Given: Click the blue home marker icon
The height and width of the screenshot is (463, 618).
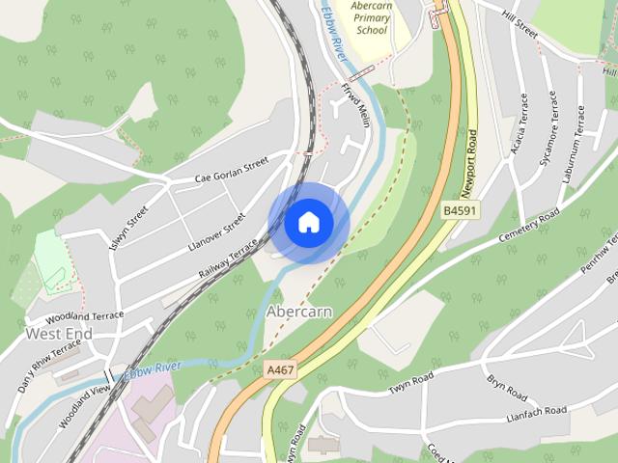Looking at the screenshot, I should coord(309,223).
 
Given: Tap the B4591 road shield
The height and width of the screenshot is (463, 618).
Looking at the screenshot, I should coord(461,210).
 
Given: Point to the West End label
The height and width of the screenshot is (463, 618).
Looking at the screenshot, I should coord(59,334).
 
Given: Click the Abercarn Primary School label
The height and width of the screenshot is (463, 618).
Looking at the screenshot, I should coord(371,18).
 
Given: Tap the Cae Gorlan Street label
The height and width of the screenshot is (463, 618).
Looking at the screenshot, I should coord(230,172).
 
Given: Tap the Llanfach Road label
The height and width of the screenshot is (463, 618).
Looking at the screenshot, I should coord(536,412).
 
